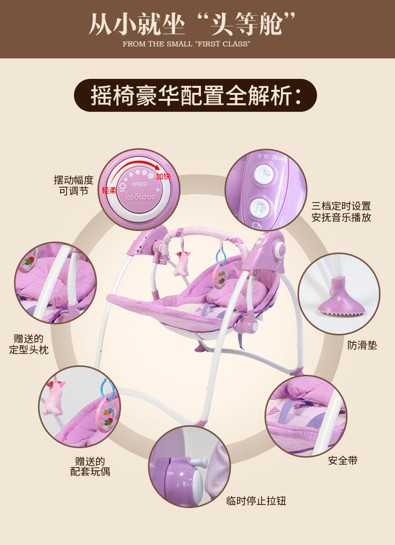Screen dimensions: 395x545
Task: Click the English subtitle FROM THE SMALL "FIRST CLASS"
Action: tap(185, 44)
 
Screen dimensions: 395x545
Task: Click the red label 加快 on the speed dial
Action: tap(163, 177)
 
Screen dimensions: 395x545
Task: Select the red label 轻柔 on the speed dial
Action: tap(109, 190)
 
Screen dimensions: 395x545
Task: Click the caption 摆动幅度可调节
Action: tap(73, 185)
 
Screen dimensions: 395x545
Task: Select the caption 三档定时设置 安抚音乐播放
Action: tap(341, 212)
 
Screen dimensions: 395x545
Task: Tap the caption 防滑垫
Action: tap(362, 345)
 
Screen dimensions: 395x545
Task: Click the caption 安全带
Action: tap(342, 460)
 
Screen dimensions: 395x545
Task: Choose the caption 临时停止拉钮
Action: tap(256, 501)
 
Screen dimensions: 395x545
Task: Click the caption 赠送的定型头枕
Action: tap(28, 344)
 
